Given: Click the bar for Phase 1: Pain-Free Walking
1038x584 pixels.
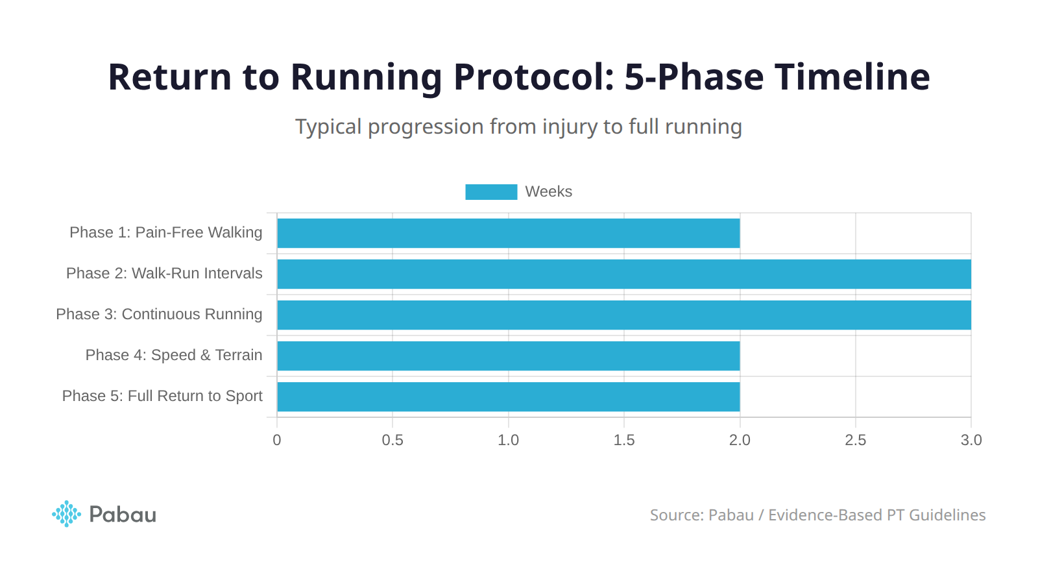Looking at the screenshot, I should point(508,233).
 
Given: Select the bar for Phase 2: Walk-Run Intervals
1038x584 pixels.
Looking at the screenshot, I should point(623,274).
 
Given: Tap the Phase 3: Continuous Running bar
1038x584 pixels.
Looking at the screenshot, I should point(623,315).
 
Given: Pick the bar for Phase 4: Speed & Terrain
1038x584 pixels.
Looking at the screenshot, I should point(508,356).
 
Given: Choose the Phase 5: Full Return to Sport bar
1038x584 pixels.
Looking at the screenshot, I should point(508,396).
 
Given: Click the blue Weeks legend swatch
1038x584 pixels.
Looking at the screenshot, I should point(491,192).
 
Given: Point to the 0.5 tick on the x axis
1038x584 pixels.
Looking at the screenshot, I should point(392,440).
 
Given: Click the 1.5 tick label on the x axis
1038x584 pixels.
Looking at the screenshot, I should point(624,440).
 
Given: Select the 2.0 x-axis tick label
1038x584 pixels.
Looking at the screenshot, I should point(740,440).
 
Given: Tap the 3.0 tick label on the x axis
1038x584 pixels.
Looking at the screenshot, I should point(971,440).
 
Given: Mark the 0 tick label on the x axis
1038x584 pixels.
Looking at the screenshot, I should point(277,440).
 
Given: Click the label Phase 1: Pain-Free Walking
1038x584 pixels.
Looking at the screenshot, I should point(166,232).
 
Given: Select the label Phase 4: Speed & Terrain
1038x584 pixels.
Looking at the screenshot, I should point(174,355).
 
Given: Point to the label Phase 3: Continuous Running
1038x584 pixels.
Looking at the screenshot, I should point(159,314).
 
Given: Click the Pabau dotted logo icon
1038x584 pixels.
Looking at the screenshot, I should point(66,514).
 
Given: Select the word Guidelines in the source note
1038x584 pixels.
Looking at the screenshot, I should point(947,515).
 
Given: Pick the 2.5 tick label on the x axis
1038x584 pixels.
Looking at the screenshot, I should point(855,440).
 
